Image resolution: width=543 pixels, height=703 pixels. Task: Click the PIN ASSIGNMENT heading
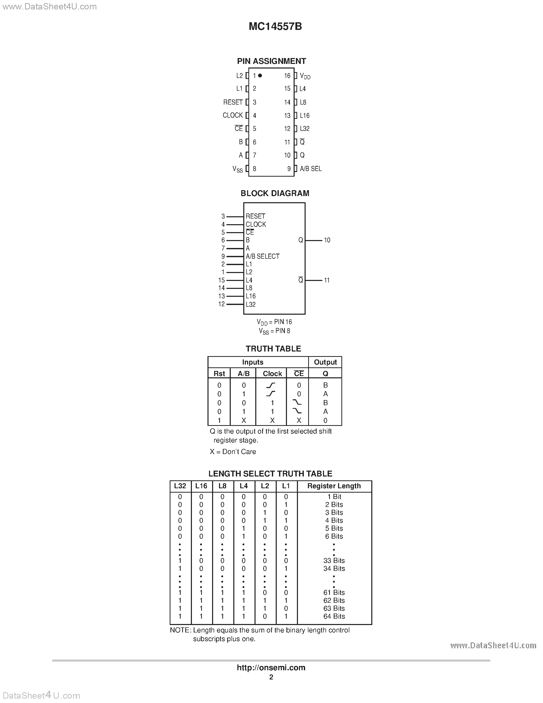pyautogui.click(x=271, y=61)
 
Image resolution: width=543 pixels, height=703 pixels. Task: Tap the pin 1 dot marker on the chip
pyautogui.click(x=260, y=75)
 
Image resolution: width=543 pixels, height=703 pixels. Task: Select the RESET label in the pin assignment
pyautogui.click(x=233, y=102)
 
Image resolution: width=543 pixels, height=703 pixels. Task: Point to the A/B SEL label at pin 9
pyautogui.click(x=310, y=169)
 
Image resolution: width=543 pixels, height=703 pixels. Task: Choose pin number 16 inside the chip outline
pyautogui.click(x=287, y=76)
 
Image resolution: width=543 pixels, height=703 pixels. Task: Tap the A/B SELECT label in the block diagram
pyautogui.click(x=262, y=256)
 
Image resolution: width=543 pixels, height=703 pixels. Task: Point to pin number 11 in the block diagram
pyautogui.click(x=327, y=280)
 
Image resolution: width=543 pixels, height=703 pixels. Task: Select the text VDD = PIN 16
pyautogui.click(x=274, y=322)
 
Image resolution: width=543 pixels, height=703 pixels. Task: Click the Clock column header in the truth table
pyautogui.click(x=272, y=373)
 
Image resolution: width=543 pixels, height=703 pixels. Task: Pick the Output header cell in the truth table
pyautogui.click(x=325, y=362)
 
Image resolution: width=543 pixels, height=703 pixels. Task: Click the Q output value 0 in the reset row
pyautogui.click(x=325, y=420)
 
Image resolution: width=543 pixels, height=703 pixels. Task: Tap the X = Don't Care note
pyautogui.click(x=233, y=452)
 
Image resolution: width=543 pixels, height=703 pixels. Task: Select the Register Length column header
pyautogui.click(x=334, y=486)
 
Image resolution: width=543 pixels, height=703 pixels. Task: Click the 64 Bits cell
pyautogui.click(x=334, y=616)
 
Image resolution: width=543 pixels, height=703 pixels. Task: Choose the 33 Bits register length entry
pyautogui.click(x=334, y=560)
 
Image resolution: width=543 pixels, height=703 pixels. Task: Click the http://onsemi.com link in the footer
pyautogui.click(x=271, y=667)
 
